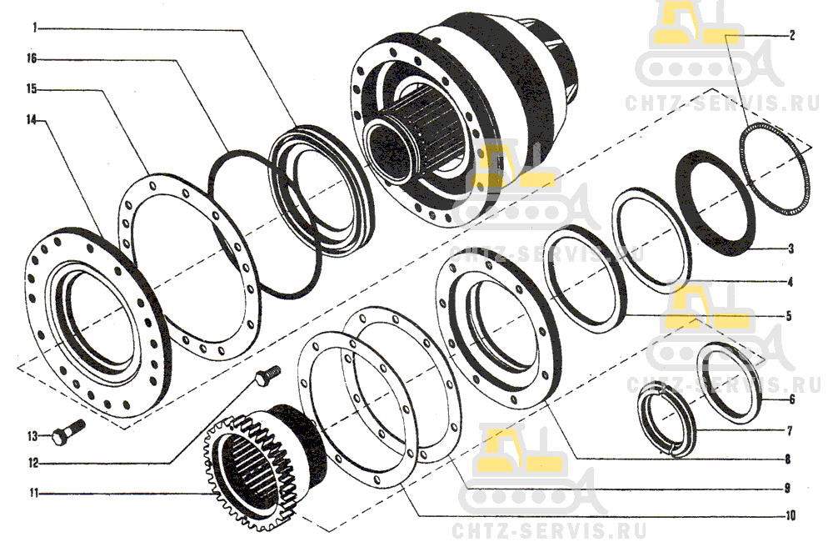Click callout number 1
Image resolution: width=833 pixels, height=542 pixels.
35,28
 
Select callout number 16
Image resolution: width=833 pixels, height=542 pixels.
32,58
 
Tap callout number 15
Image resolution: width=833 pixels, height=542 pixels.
32,89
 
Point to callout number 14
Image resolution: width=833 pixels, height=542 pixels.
32,120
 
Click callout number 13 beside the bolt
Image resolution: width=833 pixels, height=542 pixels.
33,436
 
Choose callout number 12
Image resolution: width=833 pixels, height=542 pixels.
33,464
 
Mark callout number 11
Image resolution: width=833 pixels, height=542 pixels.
34,494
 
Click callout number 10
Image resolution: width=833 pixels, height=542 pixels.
790,514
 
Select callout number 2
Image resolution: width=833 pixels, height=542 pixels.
792,36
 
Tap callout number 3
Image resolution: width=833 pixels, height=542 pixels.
791,248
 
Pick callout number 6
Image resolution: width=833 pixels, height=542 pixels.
791,399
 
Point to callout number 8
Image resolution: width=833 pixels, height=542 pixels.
788,459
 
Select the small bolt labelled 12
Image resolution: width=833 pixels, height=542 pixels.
267,374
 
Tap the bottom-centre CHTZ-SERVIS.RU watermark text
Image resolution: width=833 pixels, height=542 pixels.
549,530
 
